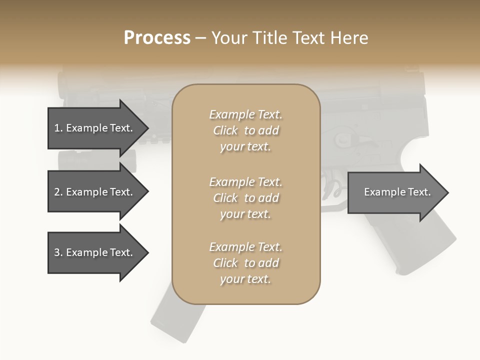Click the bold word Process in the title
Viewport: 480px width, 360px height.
coord(157,37)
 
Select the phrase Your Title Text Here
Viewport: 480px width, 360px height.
coord(289,37)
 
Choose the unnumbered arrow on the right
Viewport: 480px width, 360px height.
coord(397,192)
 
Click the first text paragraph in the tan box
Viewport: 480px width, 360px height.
coord(245,130)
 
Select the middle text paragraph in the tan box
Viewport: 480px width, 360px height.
coord(245,198)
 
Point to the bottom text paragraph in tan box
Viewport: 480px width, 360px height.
coord(245,263)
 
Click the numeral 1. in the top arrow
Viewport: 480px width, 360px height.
coord(58,128)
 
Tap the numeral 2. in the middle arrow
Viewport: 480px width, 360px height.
coord(58,192)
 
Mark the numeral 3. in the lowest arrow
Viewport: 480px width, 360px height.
coord(58,252)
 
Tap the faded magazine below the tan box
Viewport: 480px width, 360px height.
coord(177,320)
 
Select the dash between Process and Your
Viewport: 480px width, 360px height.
coord(201,37)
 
